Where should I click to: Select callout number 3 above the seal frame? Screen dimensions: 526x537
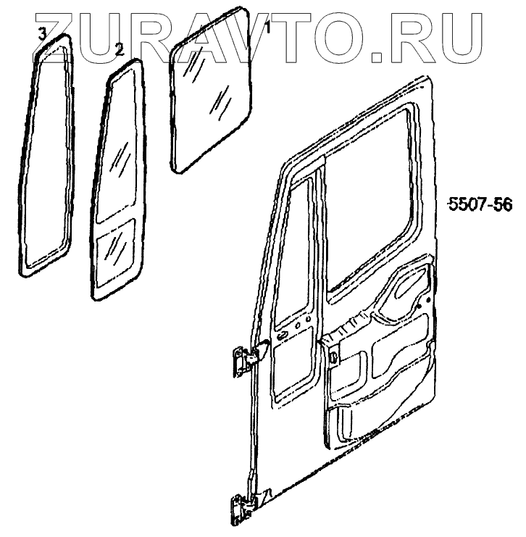click(43, 33)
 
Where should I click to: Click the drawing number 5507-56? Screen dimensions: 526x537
click(480, 205)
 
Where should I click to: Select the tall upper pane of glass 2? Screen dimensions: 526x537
click(120, 145)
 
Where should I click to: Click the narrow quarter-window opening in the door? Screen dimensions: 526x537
click(293, 246)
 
